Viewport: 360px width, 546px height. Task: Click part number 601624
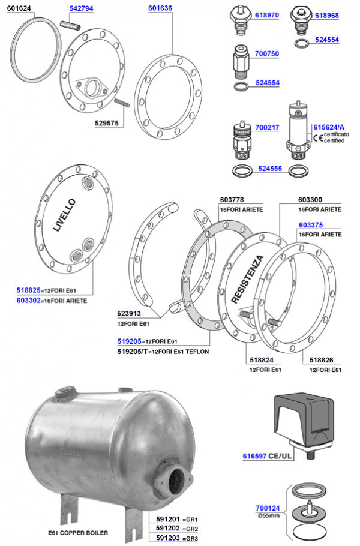coord(19,8)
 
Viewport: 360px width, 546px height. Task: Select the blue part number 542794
coord(81,8)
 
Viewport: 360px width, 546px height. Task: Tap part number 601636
coord(160,8)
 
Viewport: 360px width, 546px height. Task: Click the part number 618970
coord(266,16)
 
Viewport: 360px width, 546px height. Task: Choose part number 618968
coord(327,16)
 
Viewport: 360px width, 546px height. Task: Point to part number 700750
coord(266,53)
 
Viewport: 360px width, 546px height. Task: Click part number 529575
coord(107,123)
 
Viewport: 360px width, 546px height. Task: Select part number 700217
coord(267,127)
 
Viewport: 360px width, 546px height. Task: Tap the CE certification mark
coord(318,137)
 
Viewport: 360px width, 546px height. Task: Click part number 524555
coord(270,169)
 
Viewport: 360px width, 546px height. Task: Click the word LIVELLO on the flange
coord(64,215)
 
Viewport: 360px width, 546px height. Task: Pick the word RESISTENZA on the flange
coord(248,279)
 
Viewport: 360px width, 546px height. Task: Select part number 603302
coord(29,300)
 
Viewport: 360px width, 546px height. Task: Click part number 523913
coord(129,313)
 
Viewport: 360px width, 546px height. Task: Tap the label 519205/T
coord(133,352)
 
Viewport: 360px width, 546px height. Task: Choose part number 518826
coord(321,360)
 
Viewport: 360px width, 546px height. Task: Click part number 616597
coord(254,456)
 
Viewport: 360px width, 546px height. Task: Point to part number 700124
coord(268,508)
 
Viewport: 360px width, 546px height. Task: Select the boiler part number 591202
coord(168,528)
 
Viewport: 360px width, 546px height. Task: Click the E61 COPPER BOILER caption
coord(78,533)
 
